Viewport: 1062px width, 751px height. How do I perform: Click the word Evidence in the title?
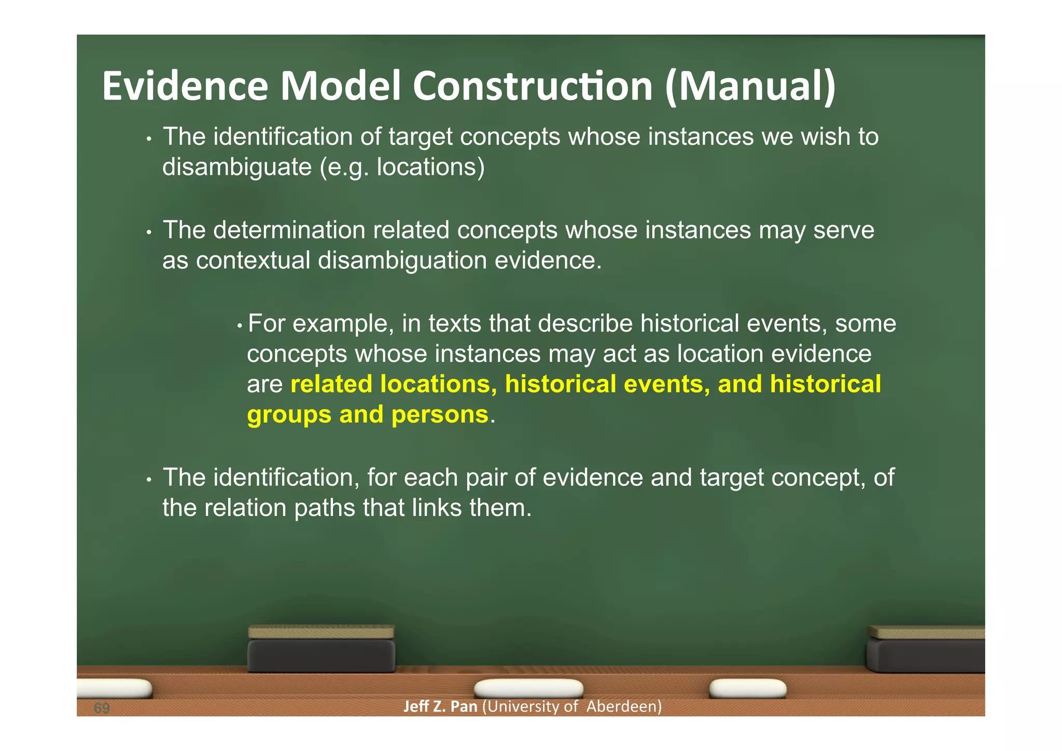pyautogui.click(x=185, y=86)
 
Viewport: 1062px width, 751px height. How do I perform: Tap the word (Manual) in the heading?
pyautogui.click(x=750, y=86)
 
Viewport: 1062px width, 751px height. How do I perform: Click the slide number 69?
pyautogui.click(x=102, y=708)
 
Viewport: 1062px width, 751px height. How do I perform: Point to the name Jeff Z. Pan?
pyautogui.click(x=440, y=707)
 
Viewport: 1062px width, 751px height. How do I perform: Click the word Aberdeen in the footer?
pyautogui.click(x=624, y=707)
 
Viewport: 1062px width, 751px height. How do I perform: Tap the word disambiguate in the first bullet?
pyautogui.click(x=237, y=167)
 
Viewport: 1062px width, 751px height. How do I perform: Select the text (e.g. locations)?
pyautogui.click(x=402, y=167)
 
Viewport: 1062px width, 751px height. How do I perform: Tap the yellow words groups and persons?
pyautogui.click(x=367, y=415)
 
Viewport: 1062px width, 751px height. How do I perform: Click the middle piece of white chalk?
pyautogui.click(x=528, y=689)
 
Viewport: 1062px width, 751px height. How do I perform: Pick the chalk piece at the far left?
pyautogui.click(x=114, y=688)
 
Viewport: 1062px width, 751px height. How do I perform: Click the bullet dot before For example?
pyautogui.click(x=239, y=326)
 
